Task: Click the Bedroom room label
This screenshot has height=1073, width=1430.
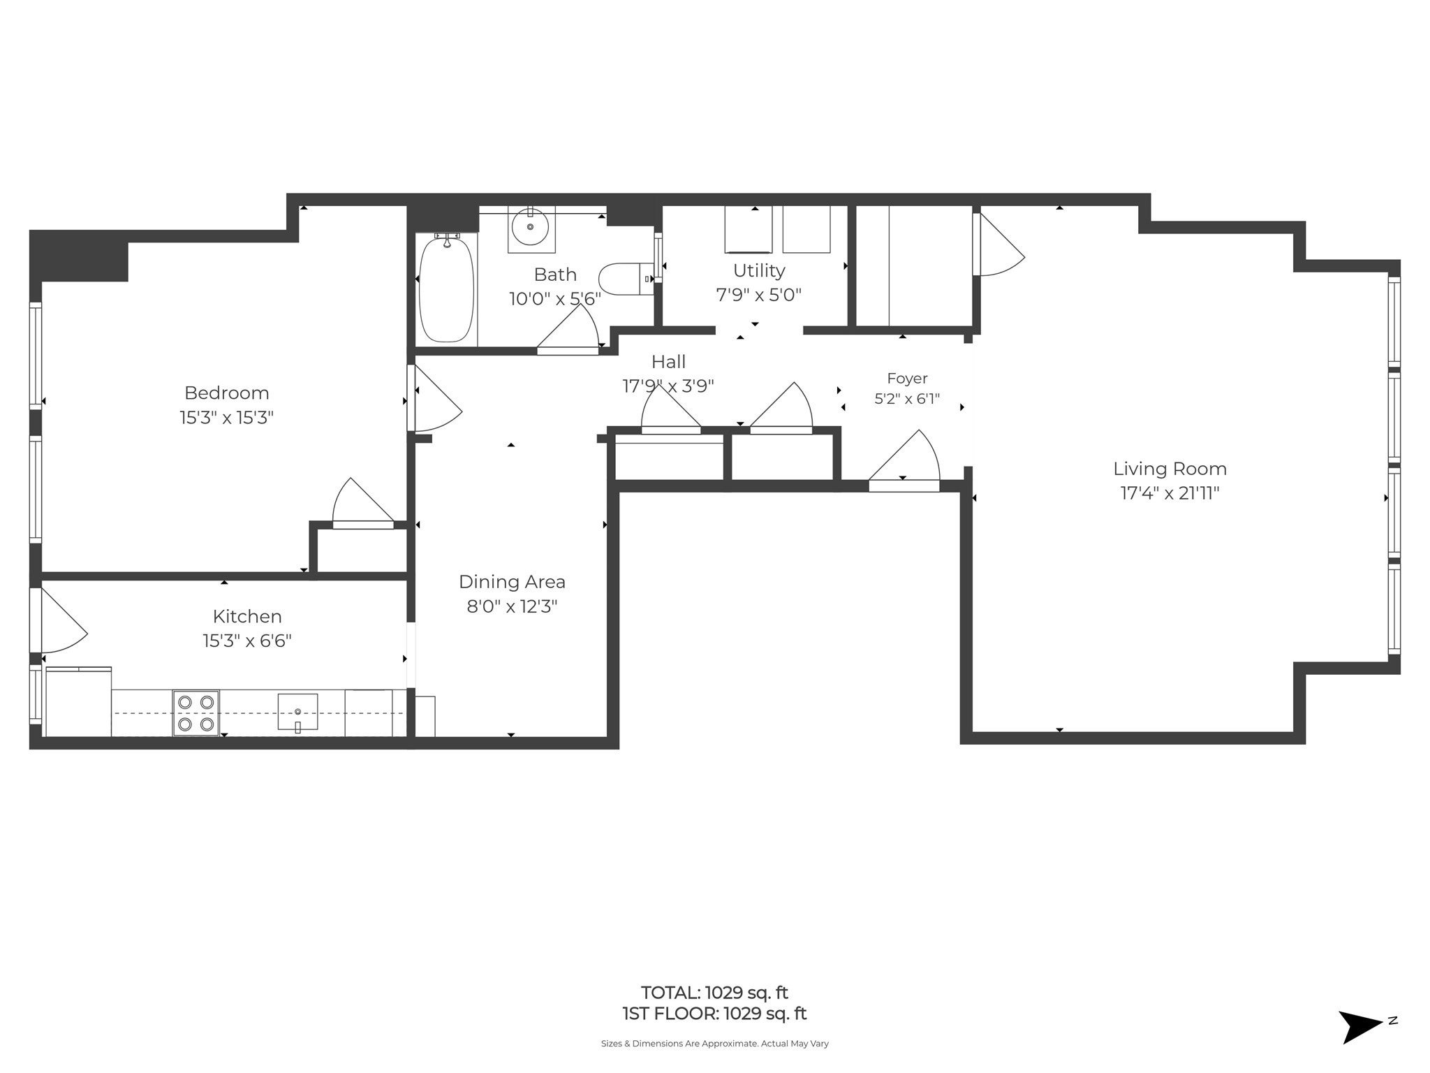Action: (226, 393)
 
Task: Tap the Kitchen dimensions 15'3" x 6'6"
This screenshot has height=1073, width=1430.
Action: (247, 641)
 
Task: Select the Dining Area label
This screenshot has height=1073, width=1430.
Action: (512, 582)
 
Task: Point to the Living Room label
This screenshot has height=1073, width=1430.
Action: (1170, 469)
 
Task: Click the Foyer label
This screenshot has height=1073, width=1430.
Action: (907, 379)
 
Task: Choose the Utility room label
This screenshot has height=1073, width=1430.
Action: (759, 270)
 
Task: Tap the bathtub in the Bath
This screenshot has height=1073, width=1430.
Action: (446, 289)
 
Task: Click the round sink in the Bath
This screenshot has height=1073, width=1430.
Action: (530, 227)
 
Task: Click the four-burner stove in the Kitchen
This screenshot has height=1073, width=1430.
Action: (196, 713)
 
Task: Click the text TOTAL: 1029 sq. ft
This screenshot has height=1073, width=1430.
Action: (714, 993)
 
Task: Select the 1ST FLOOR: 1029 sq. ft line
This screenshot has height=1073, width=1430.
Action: (714, 1014)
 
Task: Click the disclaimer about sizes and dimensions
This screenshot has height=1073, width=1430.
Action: (714, 1044)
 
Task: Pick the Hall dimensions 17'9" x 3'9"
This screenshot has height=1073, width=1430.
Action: (668, 386)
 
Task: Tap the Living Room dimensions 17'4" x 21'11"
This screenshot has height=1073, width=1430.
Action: (1170, 493)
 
